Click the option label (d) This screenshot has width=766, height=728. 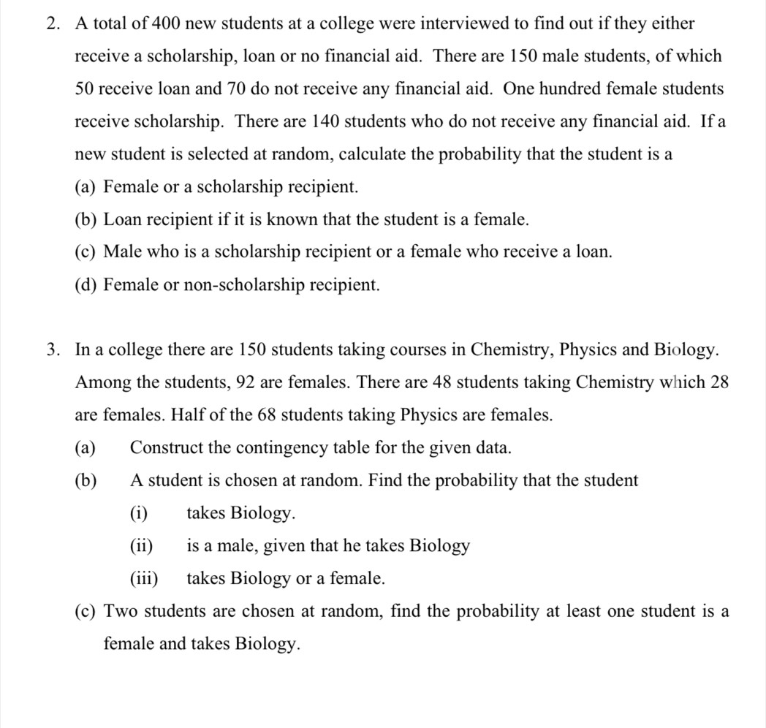(x=86, y=285)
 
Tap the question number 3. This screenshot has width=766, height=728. (x=51, y=349)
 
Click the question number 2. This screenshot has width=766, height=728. (x=51, y=23)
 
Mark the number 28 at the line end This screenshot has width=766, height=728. (x=719, y=382)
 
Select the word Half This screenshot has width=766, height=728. (x=188, y=415)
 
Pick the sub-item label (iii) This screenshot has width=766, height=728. (x=144, y=579)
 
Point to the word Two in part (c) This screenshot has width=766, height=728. (x=121, y=612)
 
